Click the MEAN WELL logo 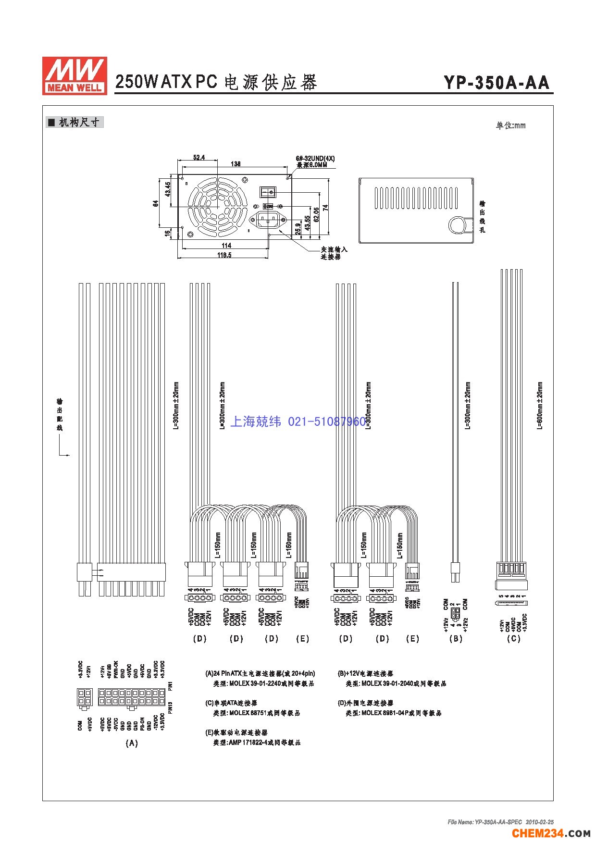(74, 75)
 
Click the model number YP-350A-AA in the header (497, 83)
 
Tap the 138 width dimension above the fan (236, 164)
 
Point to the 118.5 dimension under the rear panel (224, 255)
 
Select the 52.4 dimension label (199, 157)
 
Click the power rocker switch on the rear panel (269, 192)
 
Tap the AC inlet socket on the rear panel (269, 221)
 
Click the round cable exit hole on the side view (458, 225)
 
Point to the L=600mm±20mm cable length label (540, 406)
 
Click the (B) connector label (455, 639)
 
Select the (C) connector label (513, 639)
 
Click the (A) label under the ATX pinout (131, 743)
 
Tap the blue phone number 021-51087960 (327, 422)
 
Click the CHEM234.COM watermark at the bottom (551, 832)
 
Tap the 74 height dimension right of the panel (325, 208)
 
